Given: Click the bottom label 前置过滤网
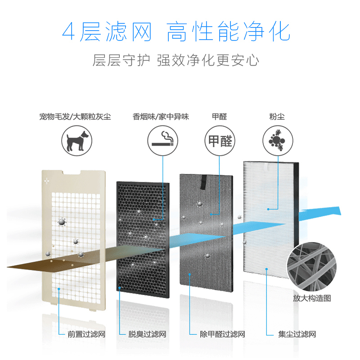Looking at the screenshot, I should [x=86, y=334].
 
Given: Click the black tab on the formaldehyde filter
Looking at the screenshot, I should [x=204, y=182].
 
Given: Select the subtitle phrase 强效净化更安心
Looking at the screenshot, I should [x=208, y=60].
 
